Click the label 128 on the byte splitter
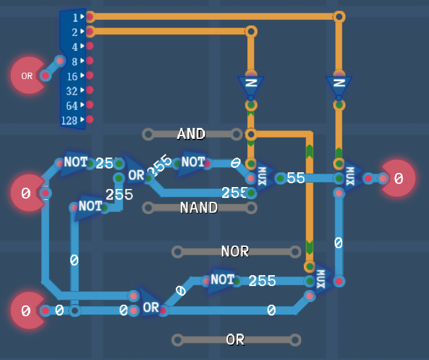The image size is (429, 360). coord(69,120)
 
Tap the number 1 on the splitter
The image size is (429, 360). coord(75,17)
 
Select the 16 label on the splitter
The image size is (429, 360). coord(72,76)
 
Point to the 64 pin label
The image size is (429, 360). coord(72,105)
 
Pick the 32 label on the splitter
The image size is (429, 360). coord(72,91)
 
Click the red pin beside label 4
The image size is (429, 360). coord(90,46)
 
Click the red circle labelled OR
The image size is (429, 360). coord(27,76)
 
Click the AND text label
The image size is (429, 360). coord(191,134)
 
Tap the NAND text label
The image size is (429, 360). coord(198,208)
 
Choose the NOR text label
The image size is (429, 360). coord(234,251)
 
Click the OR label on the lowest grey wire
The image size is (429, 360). coord(235,339)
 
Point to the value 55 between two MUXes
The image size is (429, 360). coord(295,178)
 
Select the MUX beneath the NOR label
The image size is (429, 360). coord(321,280)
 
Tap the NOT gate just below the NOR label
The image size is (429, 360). coord(222,280)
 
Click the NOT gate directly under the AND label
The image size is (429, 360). coord(192,163)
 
